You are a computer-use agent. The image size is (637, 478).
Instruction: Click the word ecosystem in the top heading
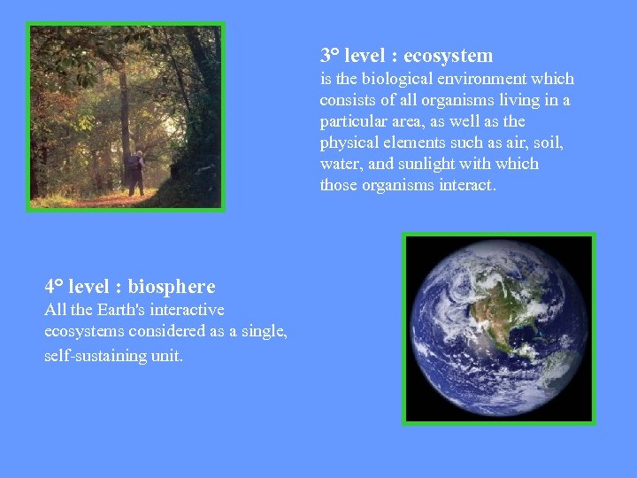point(448,56)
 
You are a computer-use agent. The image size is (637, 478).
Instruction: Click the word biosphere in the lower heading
point(172,287)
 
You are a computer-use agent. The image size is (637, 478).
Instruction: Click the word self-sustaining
point(93,356)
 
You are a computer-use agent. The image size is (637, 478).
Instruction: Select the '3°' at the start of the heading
point(330,56)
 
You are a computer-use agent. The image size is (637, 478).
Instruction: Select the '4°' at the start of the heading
point(54,287)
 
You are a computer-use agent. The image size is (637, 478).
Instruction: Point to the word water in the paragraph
point(340,164)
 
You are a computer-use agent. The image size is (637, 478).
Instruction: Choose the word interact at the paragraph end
point(467,185)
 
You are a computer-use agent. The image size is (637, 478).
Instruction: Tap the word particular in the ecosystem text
point(353,121)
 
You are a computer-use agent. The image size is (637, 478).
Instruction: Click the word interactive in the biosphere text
point(188,310)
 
